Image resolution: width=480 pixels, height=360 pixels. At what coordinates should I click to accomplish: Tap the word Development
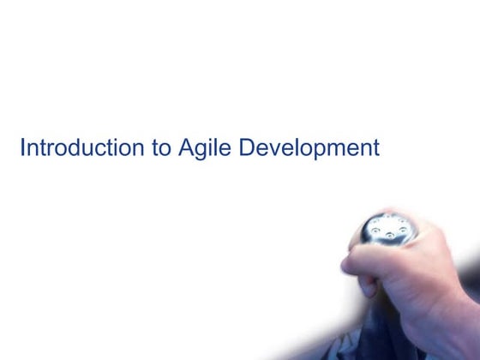[x=309, y=149]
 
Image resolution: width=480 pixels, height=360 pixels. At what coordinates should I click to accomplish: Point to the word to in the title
[x=161, y=148]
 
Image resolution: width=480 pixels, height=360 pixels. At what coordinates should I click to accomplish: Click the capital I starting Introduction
[x=22, y=148]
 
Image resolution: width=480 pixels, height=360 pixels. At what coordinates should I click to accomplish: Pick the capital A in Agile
[x=187, y=148]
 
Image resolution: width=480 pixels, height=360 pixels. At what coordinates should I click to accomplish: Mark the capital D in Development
[x=247, y=148]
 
